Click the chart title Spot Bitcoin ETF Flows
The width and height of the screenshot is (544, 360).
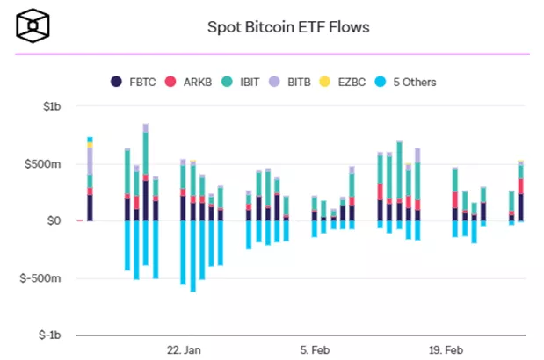[287, 26]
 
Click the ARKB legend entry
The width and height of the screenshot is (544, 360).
[194, 82]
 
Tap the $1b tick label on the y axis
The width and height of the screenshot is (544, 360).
[50, 107]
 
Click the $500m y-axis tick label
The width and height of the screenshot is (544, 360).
[45, 164]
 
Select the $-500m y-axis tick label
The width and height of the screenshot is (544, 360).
[43, 278]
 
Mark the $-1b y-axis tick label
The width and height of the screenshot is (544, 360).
[48, 335]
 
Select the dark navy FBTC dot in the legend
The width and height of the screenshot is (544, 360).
[115, 82]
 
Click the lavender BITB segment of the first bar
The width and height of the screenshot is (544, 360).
[90, 160]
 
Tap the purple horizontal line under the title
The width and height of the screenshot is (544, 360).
[272, 54]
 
